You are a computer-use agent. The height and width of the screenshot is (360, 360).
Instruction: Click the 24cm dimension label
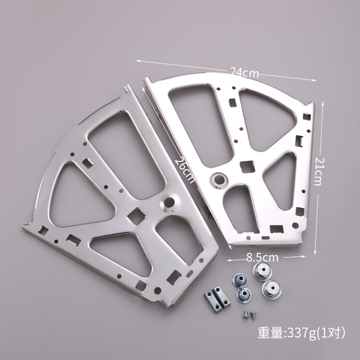coord(244,72)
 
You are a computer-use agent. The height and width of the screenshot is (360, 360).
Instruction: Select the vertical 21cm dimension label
coord(318,171)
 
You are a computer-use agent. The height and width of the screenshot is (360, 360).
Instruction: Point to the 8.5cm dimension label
coord(262,257)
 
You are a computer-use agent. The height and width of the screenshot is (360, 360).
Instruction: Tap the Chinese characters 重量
coord(270,333)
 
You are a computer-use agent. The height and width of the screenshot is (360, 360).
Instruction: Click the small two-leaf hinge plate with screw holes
coord(217,298)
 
